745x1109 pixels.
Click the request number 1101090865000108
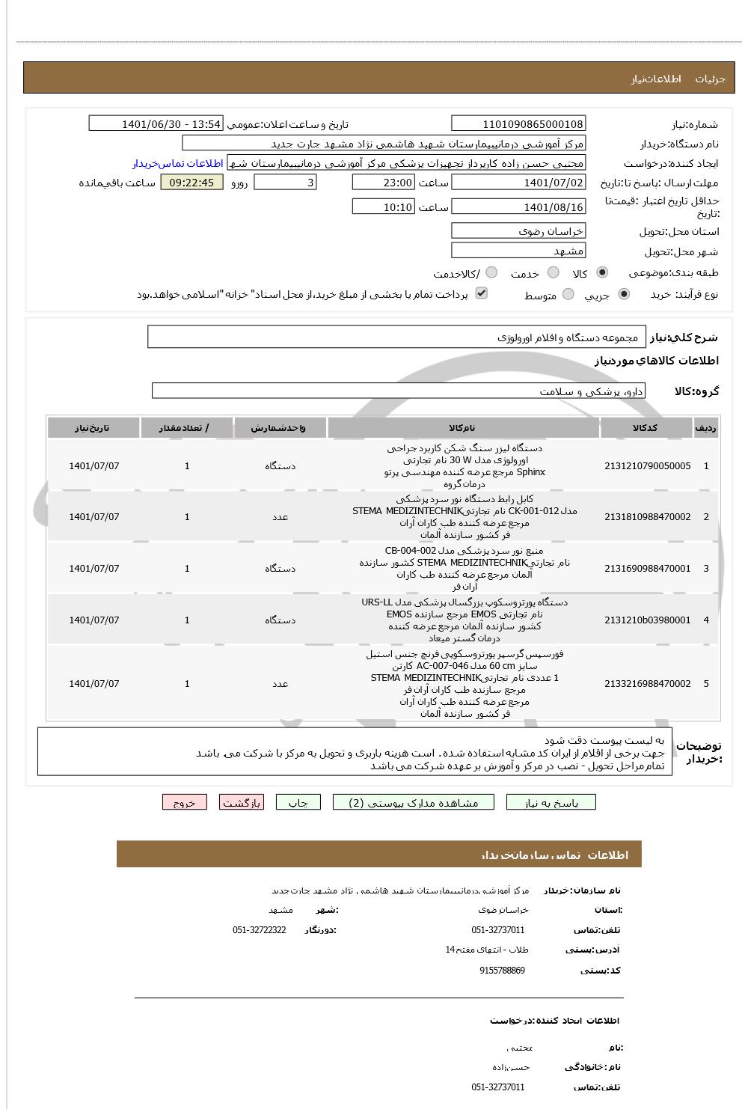(518, 123)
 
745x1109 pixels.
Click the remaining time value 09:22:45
(191, 182)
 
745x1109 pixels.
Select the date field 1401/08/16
(518, 207)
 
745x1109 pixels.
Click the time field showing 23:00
(382, 182)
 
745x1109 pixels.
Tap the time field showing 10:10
(382, 207)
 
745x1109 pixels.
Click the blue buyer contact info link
(178, 163)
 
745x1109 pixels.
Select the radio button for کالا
(603, 272)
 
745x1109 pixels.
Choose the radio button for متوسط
(568, 295)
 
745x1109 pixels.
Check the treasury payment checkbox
(482, 293)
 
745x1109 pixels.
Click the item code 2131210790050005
(647, 465)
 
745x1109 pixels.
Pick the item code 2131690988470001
(647, 568)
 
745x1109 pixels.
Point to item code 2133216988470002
(647, 683)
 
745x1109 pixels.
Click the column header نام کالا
(463, 427)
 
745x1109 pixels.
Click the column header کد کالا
(646, 427)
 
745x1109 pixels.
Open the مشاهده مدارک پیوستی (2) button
(414, 802)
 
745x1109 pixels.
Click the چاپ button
(298, 802)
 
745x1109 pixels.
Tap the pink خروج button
(184, 802)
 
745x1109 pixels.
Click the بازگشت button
(242, 802)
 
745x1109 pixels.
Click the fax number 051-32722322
(259, 929)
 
